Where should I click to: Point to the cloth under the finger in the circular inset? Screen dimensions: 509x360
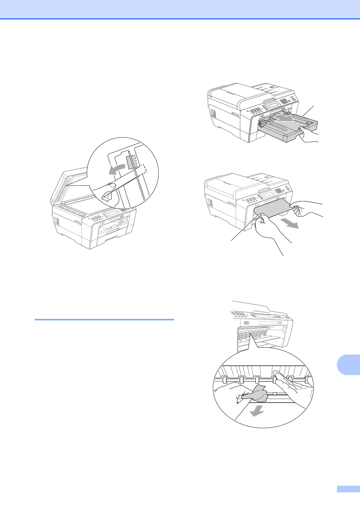point(108,197)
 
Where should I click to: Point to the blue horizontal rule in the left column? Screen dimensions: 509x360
point(104,319)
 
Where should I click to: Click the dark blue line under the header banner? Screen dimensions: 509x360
point(180,19)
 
